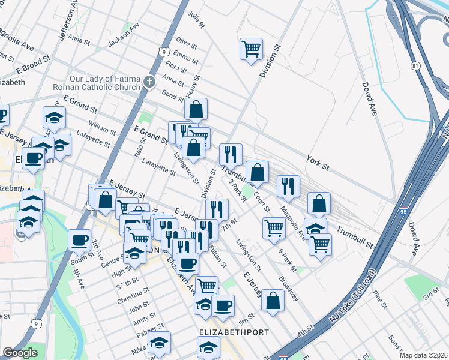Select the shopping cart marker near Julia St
(x=251, y=49)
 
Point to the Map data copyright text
(x=423, y=355)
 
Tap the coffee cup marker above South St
(x=79, y=240)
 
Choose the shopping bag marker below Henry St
(x=196, y=110)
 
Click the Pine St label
(x=379, y=296)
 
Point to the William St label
(x=101, y=127)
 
